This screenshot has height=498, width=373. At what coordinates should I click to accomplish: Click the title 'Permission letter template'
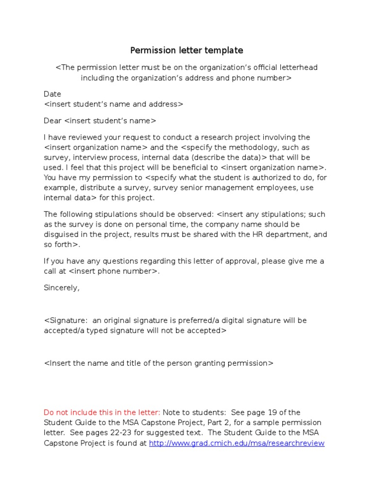(x=186, y=51)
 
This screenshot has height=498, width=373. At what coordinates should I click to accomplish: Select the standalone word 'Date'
(x=52, y=94)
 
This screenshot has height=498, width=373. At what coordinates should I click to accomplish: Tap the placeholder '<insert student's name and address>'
(x=114, y=104)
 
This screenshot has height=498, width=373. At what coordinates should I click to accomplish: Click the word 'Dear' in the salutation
(x=53, y=121)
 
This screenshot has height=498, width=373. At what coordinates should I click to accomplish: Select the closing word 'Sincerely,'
(x=62, y=288)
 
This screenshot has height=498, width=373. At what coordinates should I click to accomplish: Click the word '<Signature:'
(x=66, y=320)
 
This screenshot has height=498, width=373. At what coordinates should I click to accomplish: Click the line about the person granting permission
(x=159, y=363)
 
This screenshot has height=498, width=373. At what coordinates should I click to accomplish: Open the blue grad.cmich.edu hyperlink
(x=237, y=443)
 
